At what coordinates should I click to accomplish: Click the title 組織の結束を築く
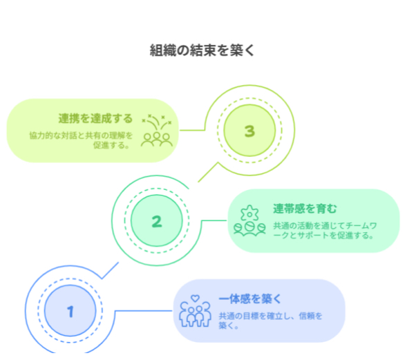click(x=202, y=50)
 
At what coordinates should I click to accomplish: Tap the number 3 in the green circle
click(x=249, y=131)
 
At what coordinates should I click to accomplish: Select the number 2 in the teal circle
click(x=157, y=221)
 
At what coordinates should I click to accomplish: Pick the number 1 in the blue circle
click(x=70, y=312)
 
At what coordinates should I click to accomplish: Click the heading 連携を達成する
click(x=95, y=119)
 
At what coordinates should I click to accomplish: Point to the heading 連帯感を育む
click(x=305, y=209)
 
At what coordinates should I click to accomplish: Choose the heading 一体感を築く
click(x=250, y=299)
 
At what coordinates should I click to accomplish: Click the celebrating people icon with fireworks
click(x=157, y=131)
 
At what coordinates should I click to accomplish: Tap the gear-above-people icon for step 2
click(x=249, y=220)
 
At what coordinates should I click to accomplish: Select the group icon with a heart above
click(x=196, y=311)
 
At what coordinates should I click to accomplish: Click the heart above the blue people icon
click(x=196, y=299)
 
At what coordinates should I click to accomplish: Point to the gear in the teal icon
click(x=249, y=213)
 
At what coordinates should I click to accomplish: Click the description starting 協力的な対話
click(x=81, y=140)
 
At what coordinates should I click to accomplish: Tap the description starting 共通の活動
click(x=326, y=231)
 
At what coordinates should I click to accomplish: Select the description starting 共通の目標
click(x=270, y=321)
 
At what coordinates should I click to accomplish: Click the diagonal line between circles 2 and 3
click(x=208, y=172)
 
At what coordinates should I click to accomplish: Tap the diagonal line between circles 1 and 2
click(x=111, y=270)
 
